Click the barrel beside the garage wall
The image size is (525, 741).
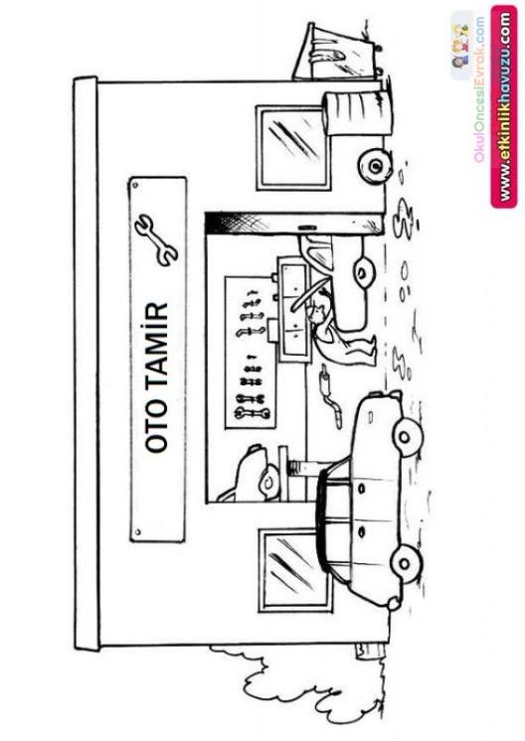click(358, 113)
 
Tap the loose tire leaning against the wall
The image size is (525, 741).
click(375, 166)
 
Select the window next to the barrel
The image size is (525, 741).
click(292, 147)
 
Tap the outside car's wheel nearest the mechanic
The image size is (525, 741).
click(405, 436)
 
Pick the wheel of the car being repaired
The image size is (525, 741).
click(363, 272)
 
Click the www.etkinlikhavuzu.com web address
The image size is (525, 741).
click(504, 107)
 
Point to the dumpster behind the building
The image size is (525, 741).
click(337, 52)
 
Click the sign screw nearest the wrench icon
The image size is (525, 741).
click(136, 185)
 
